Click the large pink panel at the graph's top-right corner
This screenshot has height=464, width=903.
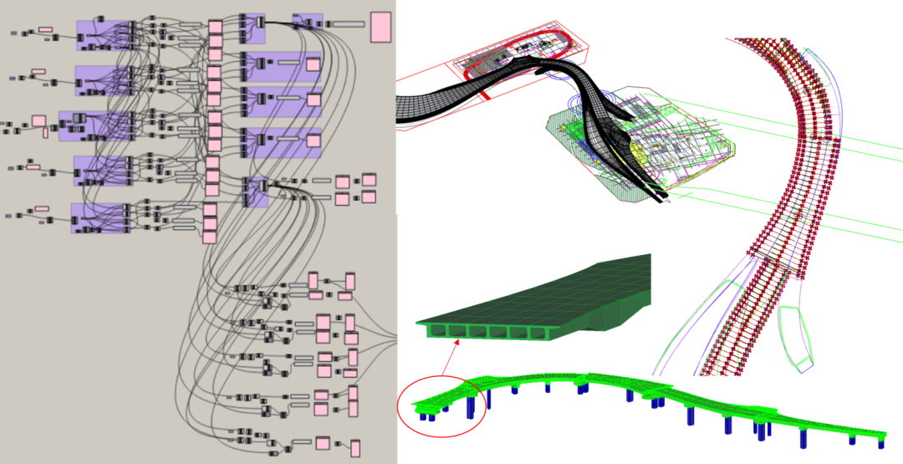(x=380, y=27)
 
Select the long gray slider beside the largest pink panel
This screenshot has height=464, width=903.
(x=349, y=23)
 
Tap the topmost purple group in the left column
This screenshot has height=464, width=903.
(x=105, y=36)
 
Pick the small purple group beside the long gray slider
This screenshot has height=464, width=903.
(x=308, y=22)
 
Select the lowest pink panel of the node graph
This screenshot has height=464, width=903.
(x=355, y=448)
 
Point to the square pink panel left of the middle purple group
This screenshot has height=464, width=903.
(x=38, y=121)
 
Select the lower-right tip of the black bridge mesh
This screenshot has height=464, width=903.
(x=665, y=198)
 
